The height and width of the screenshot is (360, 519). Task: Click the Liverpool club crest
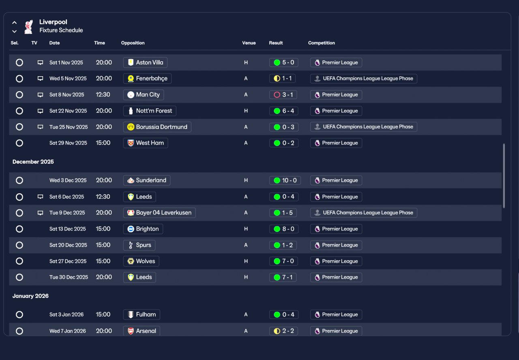coord(28,27)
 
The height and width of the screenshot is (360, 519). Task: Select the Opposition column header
coord(133,43)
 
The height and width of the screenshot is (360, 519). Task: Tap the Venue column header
coord(249,43)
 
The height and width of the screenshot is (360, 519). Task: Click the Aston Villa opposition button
coord(145,62)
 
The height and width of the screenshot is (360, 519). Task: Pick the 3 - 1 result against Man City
coord(283,95)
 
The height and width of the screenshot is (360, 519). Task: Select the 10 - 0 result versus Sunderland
coord(285,180)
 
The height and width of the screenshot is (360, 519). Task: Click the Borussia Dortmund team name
coord(161,127)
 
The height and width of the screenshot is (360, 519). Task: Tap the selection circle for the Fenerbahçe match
coord(19,79)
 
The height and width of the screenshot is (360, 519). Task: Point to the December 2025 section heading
coord(33,162)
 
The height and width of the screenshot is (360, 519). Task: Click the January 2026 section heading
coord(30,296)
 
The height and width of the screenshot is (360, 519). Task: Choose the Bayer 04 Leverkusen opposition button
coord(159,213)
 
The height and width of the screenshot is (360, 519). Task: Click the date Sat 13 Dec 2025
coord(68,229)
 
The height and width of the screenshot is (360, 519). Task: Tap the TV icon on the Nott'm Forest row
coord(40,111)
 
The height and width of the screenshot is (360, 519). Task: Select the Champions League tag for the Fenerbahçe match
coord(364,79)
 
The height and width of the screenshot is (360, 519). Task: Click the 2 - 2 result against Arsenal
coord(283,331)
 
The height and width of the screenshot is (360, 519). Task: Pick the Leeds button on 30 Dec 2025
coord(139,277)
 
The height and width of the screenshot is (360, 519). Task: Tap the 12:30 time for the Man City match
coord(103,94)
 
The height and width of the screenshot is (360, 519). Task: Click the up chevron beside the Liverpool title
coord(14,22)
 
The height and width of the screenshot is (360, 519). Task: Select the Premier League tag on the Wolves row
coord(336,261)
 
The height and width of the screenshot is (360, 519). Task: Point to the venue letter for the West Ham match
coord(246,143)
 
